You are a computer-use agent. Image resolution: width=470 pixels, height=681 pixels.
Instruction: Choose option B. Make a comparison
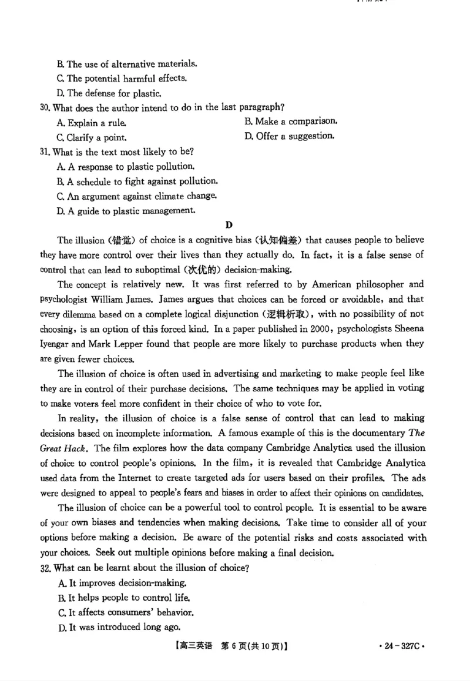click(x=291, y=122)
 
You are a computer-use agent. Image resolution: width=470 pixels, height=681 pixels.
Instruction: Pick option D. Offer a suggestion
click(x=290, y=136)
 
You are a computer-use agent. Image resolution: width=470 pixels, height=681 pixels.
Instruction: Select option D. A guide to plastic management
click(x=125, y=210)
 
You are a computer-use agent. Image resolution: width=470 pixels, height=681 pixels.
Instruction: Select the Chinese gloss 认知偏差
click(x=282, y=240)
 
